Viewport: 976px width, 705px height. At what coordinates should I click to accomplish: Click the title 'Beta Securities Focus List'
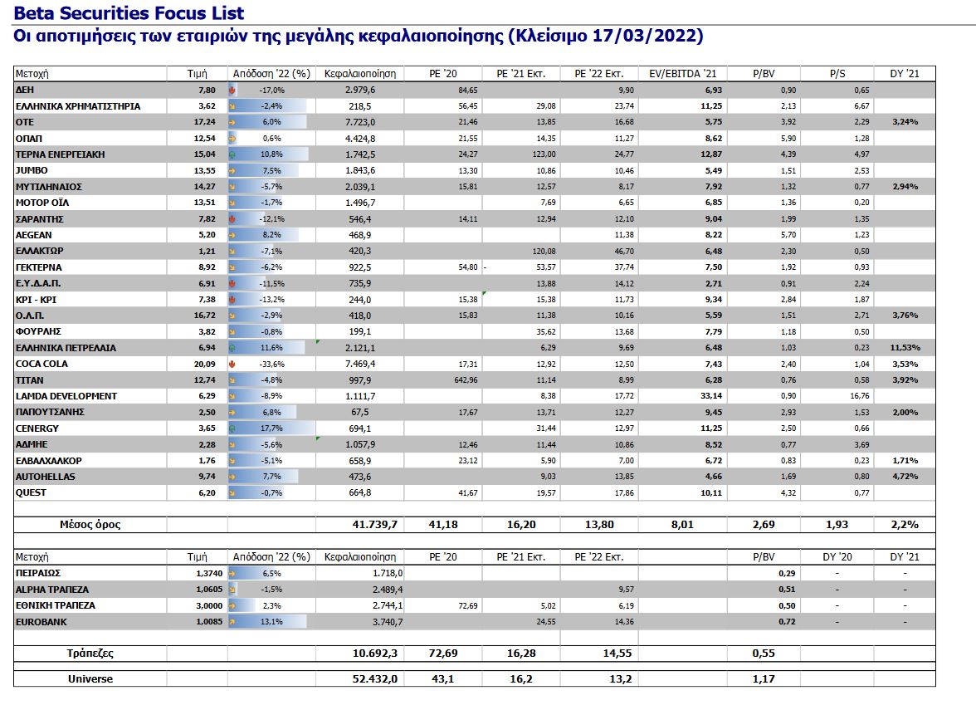click(x=129, y=13)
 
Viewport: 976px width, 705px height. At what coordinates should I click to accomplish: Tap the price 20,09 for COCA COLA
click(x=203, y=364)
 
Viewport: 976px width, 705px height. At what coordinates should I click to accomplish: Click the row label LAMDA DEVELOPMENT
click(x=66, y=396)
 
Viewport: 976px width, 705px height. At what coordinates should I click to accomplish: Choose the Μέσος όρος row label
click(x=89, y=525)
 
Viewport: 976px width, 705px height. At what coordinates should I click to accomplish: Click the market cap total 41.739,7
click(x=374, y=525)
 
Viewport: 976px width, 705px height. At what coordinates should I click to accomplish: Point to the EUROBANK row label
click(x=41, y=621)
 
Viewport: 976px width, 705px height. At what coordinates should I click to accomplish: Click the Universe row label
click(x=90, y=678)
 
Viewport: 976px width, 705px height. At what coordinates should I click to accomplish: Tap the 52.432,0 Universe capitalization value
click(x=374, y=678)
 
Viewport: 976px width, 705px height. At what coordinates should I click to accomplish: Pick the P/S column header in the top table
click(x=837, y=73)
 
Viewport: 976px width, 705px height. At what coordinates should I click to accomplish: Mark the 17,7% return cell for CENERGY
click(x=271, y=428)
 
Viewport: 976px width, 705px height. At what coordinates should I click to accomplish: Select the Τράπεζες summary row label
click(x=90, y=654)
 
